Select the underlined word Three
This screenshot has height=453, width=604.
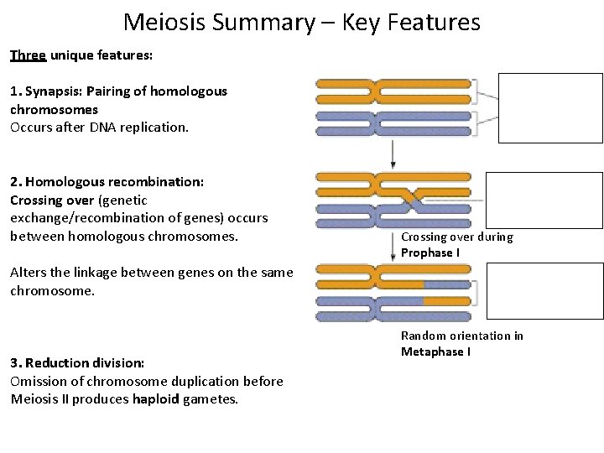pyautogui.click(x=29, y=55)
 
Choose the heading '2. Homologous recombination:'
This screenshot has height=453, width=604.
pyautogui.click(x=107, y=182)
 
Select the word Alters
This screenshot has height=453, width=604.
pyautogui.click(x=29, y=272)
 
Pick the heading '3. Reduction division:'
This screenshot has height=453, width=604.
pyautogui.click(x=77, y=363)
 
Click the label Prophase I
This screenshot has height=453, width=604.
pyautogui.click(x=430, y=253)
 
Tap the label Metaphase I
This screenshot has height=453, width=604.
pyautogui.click(x=435, y=351)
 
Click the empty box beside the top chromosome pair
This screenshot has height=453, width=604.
pyautogui.click(x=550, y=108)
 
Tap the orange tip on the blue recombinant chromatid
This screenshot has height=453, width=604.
pyautogui.click(x=446, y=299)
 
